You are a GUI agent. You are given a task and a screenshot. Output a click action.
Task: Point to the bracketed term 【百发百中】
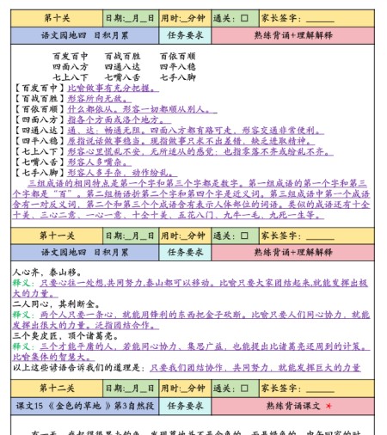pos(40,89)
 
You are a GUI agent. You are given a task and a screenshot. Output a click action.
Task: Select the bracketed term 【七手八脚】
pos(40,171)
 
